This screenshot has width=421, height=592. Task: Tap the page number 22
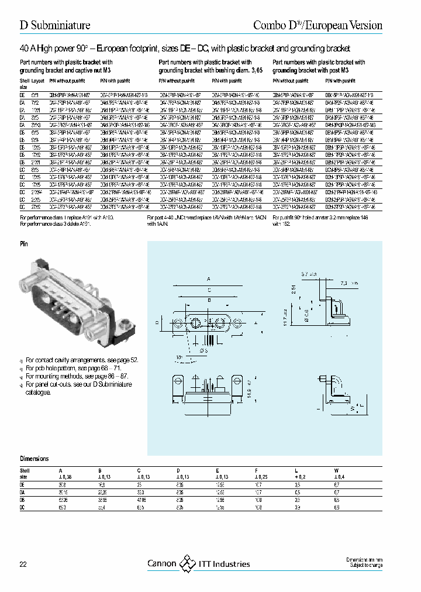(x=23, y=565)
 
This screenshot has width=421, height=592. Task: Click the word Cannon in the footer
(x=161, y=565)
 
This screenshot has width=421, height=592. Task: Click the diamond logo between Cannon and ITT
(x=187, y=564)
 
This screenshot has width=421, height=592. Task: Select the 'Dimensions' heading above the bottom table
(x=34, y=459)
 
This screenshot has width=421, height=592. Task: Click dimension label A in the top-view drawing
(x=208, y=278)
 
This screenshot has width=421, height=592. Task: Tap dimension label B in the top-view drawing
(x=208, y=298)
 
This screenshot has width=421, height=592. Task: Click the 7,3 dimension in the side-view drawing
(x=349, y=283)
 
